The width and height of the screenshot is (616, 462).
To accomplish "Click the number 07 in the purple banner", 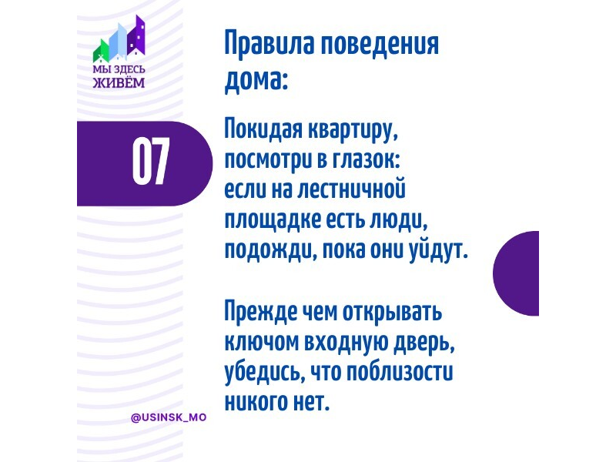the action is (151, 161).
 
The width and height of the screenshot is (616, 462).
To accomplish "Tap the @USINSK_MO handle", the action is (169, 417).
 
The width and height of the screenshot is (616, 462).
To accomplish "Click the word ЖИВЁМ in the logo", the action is (119, 82).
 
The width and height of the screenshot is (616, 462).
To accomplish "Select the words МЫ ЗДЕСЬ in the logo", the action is (119, 69).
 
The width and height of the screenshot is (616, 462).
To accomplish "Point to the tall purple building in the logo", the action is (136, 35).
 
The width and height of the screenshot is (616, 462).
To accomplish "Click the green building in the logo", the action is (101, 51).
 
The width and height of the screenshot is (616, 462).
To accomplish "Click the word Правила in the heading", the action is (269, 43).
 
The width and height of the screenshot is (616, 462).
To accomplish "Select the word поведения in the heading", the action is (380, 43).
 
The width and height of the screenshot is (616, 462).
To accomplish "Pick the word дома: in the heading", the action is (256, 80).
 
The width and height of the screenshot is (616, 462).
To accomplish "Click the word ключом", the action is (262, 342).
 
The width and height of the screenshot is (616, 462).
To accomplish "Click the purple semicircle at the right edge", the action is (516, 273).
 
